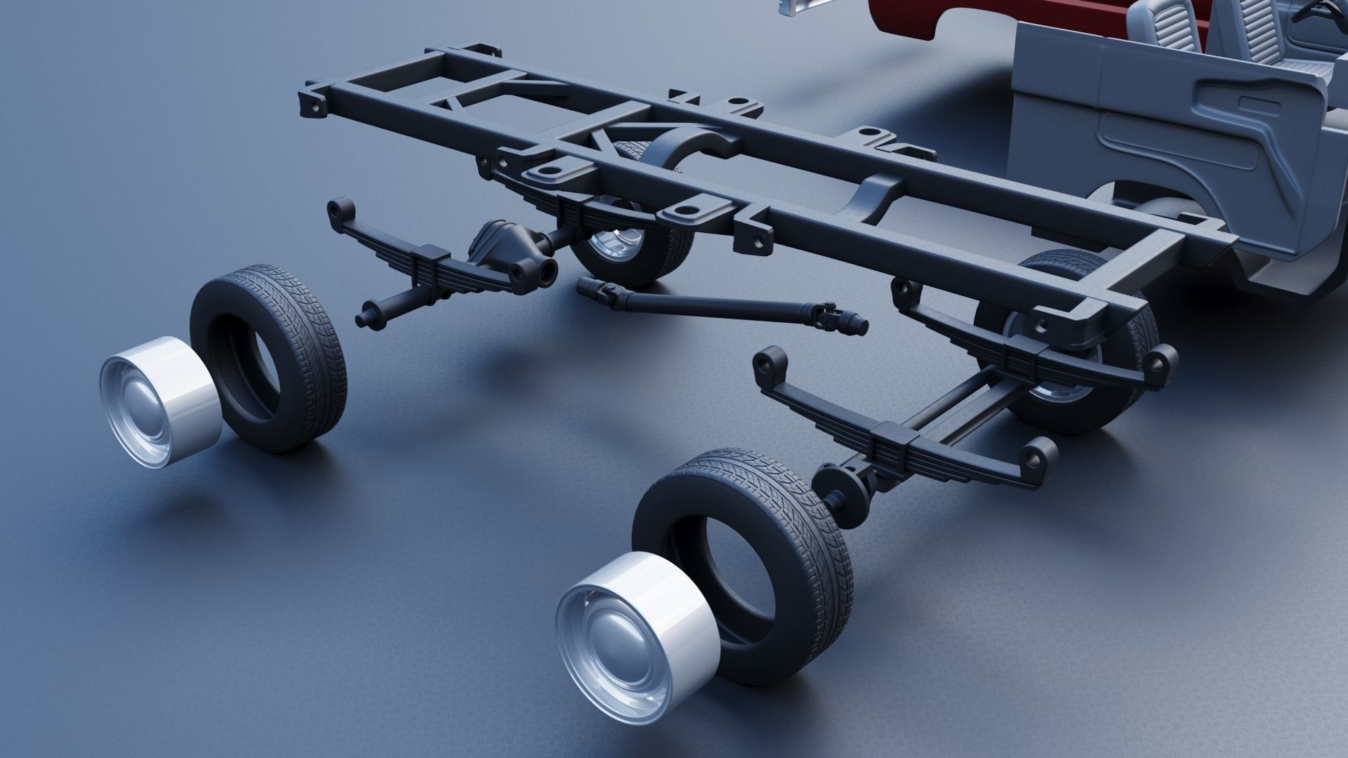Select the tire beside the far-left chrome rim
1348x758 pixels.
(x=270, y=358)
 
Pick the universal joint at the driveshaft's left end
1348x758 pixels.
(x=604, y=292)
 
